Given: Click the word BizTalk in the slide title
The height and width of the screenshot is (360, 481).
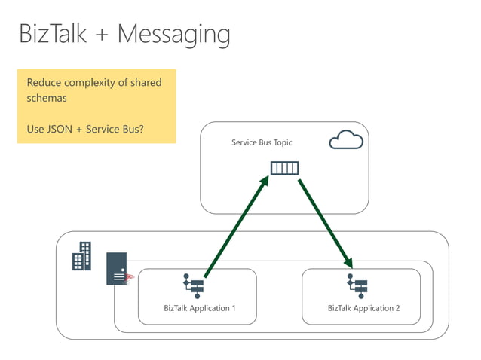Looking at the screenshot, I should [53, 34].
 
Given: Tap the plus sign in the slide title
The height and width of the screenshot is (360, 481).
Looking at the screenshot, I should [106, 35].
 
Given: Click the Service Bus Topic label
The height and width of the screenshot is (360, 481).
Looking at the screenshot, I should [262, 142].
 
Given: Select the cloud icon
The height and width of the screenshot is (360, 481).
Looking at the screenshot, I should [346, 140].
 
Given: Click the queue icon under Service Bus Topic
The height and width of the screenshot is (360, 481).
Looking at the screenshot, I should [284, 168].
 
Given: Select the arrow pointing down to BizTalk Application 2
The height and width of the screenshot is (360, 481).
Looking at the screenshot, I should [325, 223].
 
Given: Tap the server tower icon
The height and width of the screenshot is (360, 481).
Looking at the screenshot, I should [117, 268].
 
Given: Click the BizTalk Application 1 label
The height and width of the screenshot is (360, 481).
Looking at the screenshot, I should [199, 308].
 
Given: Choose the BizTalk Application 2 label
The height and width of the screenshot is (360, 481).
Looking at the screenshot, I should [363, 308].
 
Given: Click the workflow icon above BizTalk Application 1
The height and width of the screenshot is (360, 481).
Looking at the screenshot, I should [194, 285].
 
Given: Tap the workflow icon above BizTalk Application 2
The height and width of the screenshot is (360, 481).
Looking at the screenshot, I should [357, 285].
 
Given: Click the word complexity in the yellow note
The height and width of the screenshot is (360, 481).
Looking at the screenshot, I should [97, 82].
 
